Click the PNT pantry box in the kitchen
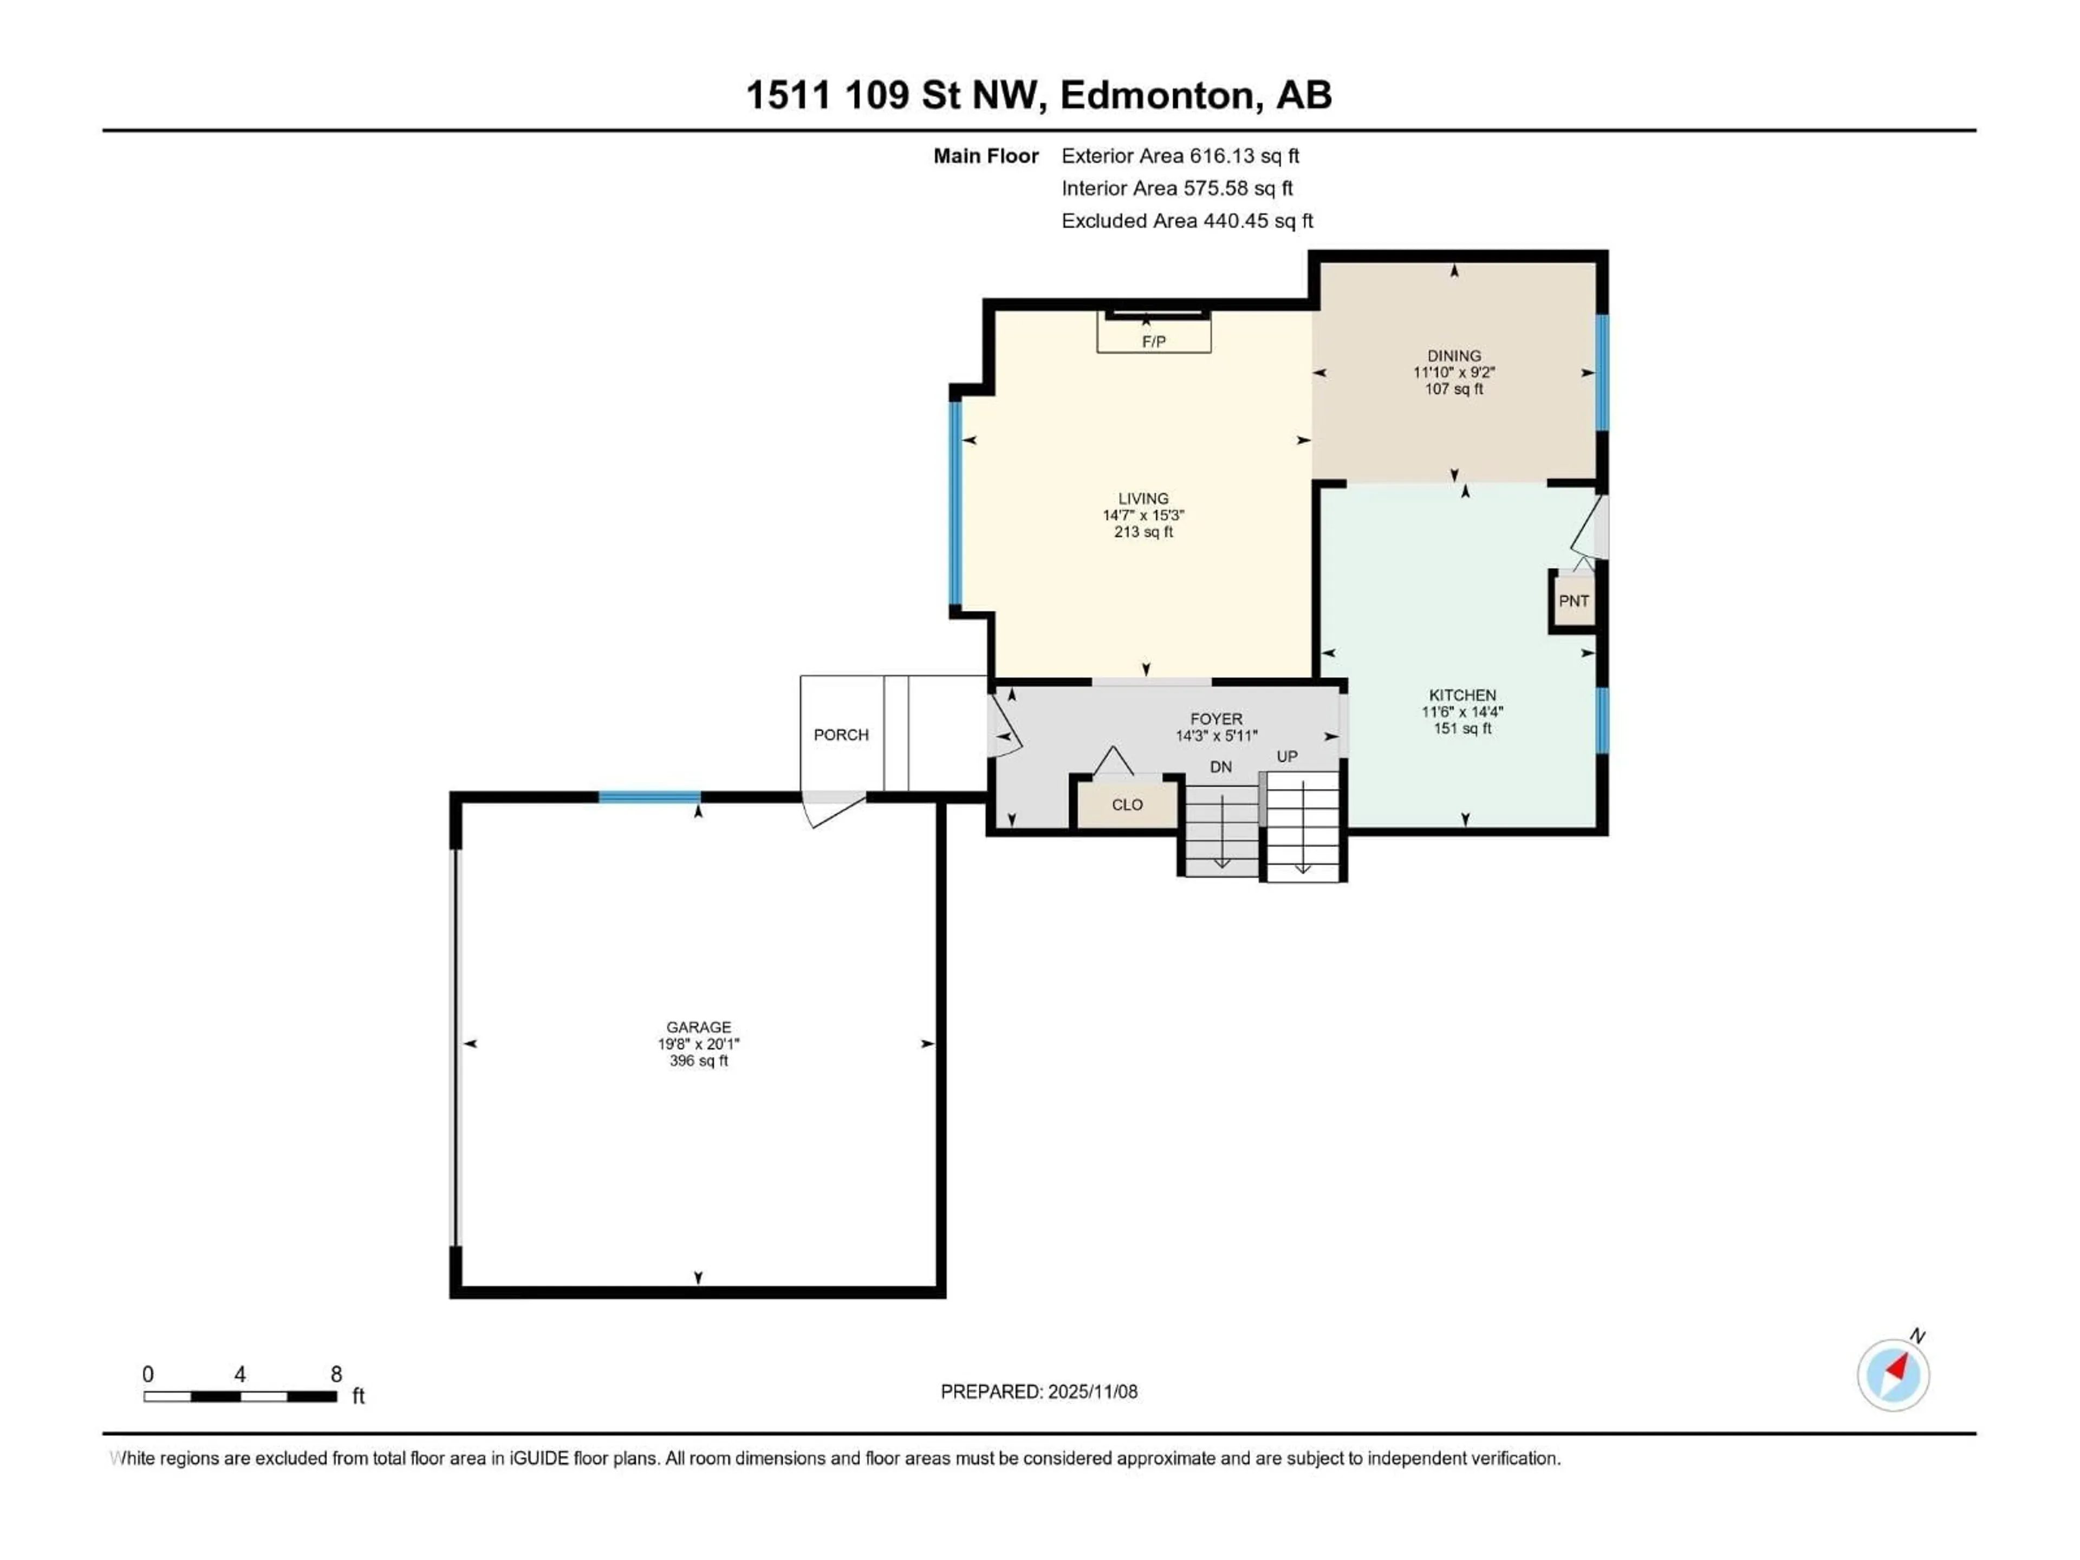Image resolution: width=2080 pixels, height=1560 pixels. [1573, 601]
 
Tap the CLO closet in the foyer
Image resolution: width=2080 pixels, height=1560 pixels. [1127, 805]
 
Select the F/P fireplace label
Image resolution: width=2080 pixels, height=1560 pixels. [1154, 341]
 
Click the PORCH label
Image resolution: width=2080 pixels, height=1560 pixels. [841, 734]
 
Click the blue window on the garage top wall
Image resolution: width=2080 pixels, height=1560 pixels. [650, 797]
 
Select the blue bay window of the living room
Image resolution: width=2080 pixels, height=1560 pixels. [955, 503]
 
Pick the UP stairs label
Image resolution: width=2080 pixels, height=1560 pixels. [1286, 757]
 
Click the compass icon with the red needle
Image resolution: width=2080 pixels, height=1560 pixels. [1893, 1375]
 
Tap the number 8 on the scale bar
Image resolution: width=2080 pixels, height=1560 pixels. [336, 1374]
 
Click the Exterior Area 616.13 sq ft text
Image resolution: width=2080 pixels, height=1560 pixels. [1180, 156]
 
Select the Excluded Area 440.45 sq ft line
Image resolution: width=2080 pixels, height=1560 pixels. [1187, 221]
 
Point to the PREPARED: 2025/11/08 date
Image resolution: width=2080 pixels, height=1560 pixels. [1039, 1392]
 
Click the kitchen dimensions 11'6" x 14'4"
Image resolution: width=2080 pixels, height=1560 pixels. [1462, 712]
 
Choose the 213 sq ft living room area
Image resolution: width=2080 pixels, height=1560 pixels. [1143, 532]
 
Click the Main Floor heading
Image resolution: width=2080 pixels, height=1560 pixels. [985, 156]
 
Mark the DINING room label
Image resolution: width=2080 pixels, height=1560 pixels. [1454, 355]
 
